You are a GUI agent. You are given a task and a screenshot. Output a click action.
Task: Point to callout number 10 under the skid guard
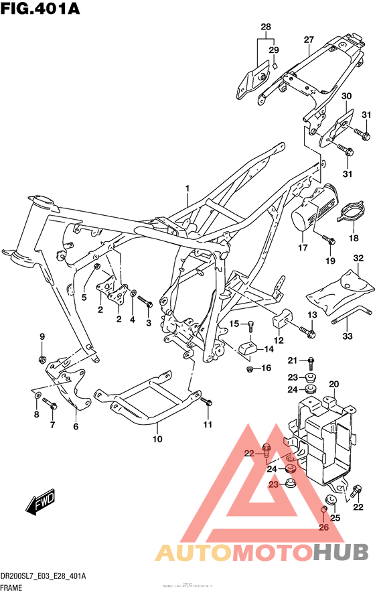coord(157,440)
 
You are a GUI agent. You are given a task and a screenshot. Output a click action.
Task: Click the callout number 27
coord(308,40)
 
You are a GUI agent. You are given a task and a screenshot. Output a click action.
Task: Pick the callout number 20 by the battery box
coord(333,384)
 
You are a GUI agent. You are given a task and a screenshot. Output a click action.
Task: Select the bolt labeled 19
coord(328,239)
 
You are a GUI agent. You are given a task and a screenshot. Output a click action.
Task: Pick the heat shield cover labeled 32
coord(339,286)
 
